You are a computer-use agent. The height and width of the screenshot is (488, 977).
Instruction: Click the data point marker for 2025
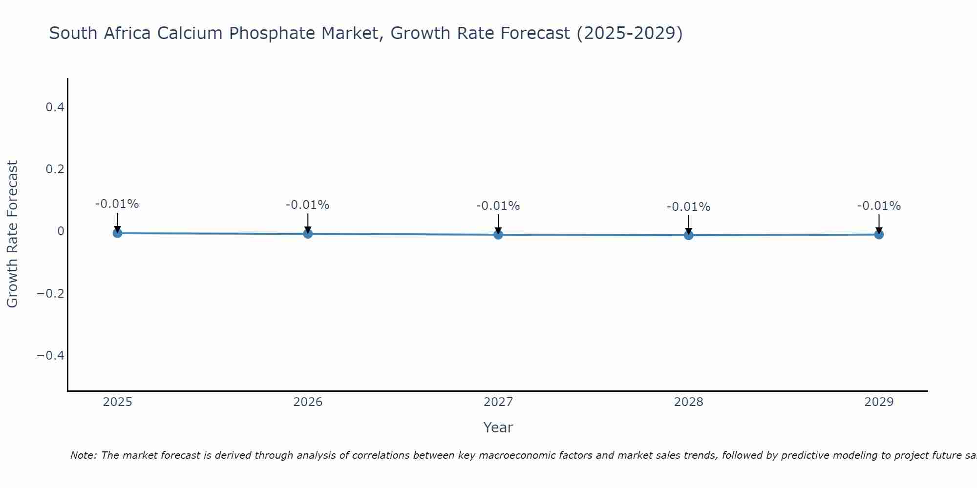tap(117, 233)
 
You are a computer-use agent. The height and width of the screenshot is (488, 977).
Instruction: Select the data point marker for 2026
tap(308, 234)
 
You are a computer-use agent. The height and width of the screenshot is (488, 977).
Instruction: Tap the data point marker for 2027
tap(498, 235)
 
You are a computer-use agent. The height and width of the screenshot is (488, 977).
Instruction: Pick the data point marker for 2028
tap(688, 235)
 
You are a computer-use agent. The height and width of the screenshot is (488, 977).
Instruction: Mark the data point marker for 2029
tap(879, 235)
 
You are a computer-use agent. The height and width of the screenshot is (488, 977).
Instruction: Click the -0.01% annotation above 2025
tap(117, 204)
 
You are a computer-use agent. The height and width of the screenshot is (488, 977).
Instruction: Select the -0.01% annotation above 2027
tap(498, 206)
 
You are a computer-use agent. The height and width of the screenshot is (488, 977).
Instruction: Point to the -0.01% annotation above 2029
tap(879, 206)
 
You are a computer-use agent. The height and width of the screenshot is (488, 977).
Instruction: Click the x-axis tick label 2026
tap(308, 402)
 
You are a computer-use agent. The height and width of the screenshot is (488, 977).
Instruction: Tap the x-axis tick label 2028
tap(688, 402)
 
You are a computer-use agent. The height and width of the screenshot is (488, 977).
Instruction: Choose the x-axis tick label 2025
tap(117, 402)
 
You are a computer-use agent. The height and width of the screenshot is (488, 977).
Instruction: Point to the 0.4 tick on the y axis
tap(55, 107)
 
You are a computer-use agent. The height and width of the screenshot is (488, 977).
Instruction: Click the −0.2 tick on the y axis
tap(50, 293)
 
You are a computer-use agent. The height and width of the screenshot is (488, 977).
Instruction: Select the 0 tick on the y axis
tap(61, 231)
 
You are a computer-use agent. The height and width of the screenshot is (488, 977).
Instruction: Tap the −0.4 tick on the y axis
tap(50, 355)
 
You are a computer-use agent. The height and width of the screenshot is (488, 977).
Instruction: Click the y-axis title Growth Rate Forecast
tap(12, 234)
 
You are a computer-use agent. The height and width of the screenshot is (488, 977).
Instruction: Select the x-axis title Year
tap(498, 427)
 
